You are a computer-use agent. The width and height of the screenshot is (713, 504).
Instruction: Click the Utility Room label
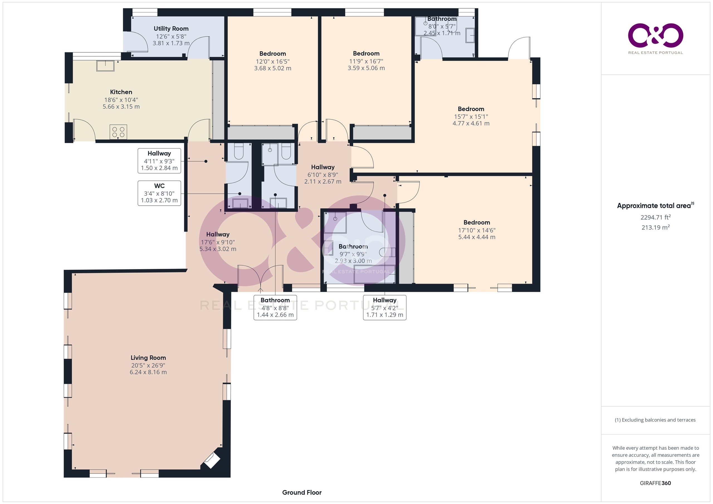pos(171,29)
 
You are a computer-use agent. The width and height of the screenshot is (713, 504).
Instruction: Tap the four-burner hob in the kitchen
pos(118,132)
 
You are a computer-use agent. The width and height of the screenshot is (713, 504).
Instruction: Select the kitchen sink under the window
pos(105,66)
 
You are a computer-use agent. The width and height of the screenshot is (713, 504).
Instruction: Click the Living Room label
pos(148,358)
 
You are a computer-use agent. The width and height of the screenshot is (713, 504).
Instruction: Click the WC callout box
pos(159,193)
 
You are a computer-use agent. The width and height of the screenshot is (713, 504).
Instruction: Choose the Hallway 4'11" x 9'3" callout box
pos(159,161)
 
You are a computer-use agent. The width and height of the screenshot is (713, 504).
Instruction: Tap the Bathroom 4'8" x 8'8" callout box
pos(275,308)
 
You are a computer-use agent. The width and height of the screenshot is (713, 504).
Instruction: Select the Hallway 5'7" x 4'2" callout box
pos(385,308)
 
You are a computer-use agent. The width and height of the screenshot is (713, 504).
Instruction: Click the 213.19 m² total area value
pos(656,227)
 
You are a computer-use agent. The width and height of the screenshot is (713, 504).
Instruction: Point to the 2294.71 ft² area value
pos(656,217)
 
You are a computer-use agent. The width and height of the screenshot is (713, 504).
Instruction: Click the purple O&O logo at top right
pos(656,35)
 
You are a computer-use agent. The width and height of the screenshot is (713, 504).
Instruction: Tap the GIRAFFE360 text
pos(656,483)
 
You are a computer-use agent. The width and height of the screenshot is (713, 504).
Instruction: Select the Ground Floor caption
pos(302,492)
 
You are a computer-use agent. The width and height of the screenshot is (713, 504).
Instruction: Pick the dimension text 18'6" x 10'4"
pos(121,100)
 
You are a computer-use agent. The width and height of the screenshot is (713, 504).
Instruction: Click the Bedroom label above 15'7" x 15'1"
pos(471,109)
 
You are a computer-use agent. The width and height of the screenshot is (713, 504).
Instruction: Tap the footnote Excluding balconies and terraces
pos(655,420)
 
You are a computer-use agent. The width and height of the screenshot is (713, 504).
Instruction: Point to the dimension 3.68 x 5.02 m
pos(273,68)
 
